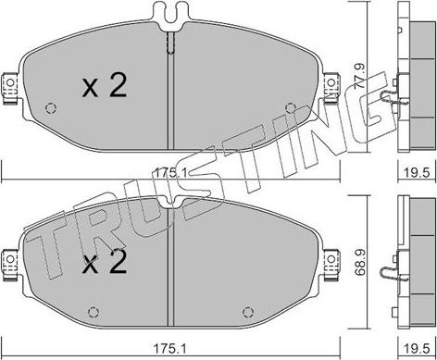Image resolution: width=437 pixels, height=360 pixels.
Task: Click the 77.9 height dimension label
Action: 360,76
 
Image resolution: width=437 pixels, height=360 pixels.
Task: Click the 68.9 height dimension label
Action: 360,262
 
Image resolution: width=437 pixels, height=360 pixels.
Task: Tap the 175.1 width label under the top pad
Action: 170,172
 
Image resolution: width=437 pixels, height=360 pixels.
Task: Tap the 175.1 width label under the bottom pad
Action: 170,349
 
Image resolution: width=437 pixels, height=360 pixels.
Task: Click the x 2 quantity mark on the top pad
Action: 105,86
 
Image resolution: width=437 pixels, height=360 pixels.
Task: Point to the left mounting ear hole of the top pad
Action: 10,82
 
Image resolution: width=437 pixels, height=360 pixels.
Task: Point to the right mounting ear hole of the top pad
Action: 331,82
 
